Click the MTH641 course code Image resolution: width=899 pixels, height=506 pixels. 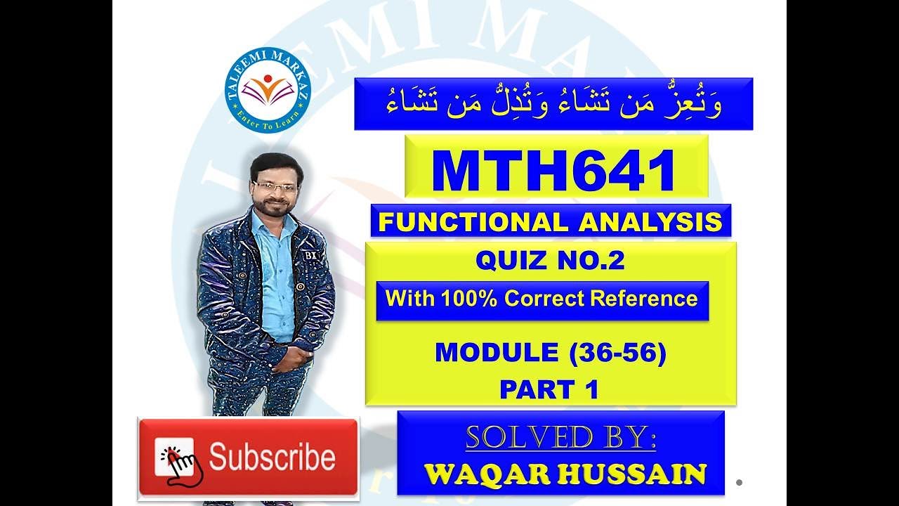tap(554, 171)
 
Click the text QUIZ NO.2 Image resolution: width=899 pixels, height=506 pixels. tap(550, 261)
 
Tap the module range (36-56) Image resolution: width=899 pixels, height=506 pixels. tap(617, 353)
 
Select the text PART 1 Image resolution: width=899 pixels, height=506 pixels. tap(549, 389)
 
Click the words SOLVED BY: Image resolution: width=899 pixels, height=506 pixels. tap(560, 439)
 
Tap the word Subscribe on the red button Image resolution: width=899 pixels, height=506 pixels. tap(272, 458)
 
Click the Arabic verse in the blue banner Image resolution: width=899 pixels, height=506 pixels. tap(553, 104)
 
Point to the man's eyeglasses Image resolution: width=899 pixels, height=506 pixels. tap(274, 186)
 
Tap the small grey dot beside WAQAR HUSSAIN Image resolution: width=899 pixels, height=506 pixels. tap(740, 482)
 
